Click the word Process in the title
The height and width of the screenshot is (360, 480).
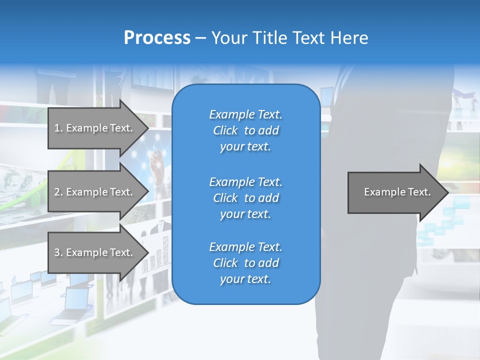pos(157,38)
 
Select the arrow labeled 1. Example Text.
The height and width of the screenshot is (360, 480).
pos(95,128)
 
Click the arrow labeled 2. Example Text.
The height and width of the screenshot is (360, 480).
pos(95,192)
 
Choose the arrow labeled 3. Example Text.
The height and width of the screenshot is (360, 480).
pos(95,252)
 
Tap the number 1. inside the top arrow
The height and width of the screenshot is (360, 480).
pos(58,128)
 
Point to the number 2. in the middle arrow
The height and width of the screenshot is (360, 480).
pos(58,192)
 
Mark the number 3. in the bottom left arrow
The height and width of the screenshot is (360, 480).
pos(58,252)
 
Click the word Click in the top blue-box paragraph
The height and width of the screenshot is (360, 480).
pos(225,130)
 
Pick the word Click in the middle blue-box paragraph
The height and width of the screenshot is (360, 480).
pos(225,198)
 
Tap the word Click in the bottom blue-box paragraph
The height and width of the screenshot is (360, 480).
pos(225,263)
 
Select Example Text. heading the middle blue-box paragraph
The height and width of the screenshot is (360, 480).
pos(245,181)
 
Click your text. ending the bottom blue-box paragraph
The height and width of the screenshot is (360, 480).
pos(245,279)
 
